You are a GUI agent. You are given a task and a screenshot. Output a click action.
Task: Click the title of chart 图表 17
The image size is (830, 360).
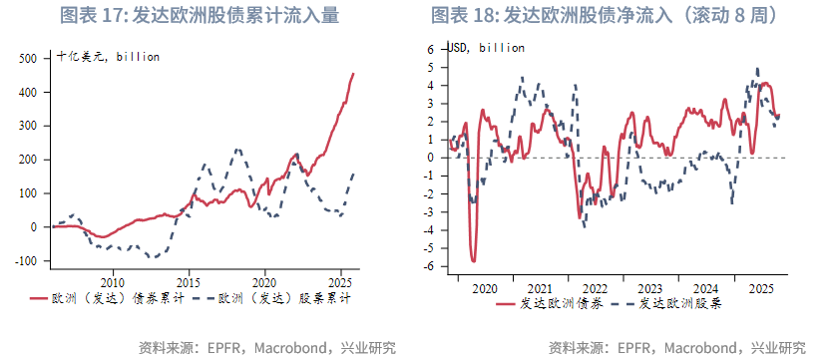200,16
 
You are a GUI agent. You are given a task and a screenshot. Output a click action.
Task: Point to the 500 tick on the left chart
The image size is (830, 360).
29,58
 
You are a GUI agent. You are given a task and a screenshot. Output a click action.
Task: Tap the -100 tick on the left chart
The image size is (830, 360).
26,261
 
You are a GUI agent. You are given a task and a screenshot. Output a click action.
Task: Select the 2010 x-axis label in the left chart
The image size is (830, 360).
113,281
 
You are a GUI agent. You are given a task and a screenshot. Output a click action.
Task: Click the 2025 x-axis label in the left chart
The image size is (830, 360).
341,281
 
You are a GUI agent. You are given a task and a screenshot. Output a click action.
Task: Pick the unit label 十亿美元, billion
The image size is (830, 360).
108,57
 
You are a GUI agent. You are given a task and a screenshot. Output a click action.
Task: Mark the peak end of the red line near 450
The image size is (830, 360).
353,73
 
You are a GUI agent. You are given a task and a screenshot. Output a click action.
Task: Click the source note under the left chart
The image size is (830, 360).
267,347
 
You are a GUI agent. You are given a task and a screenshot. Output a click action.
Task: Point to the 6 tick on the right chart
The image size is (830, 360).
431,48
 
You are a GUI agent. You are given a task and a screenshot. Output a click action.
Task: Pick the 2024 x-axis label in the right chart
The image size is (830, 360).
704,287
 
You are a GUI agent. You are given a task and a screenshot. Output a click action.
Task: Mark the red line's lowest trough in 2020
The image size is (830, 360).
473,260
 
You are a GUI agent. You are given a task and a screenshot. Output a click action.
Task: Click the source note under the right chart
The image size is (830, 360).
678,347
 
